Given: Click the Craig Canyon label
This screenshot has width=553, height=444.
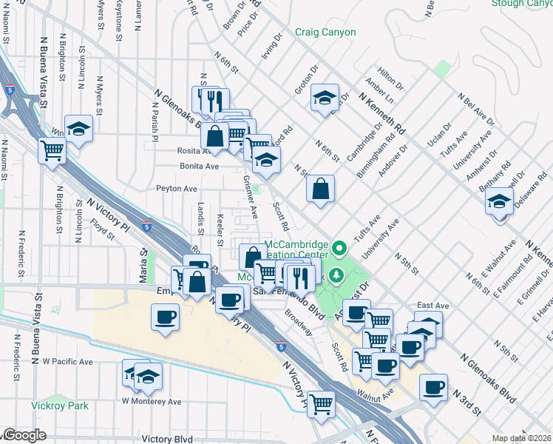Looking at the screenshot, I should pos(325,33).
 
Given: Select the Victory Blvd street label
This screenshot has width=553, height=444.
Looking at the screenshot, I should pos(163,439).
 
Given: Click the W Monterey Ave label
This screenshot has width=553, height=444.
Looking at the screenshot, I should pos(152,402).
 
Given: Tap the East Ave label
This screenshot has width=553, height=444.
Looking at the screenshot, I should pos(432,305).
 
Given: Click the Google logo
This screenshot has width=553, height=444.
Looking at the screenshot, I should pos(24,435).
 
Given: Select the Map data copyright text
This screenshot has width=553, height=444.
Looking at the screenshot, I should pos(521,438).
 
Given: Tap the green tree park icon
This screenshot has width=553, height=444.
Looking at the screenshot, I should pos(338,276).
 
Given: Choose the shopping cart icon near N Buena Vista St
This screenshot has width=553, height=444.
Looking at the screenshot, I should pos(52,151).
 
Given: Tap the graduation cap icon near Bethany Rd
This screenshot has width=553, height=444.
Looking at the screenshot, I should pos(500,201).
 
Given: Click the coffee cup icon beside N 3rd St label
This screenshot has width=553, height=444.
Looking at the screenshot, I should pos(433,387).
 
